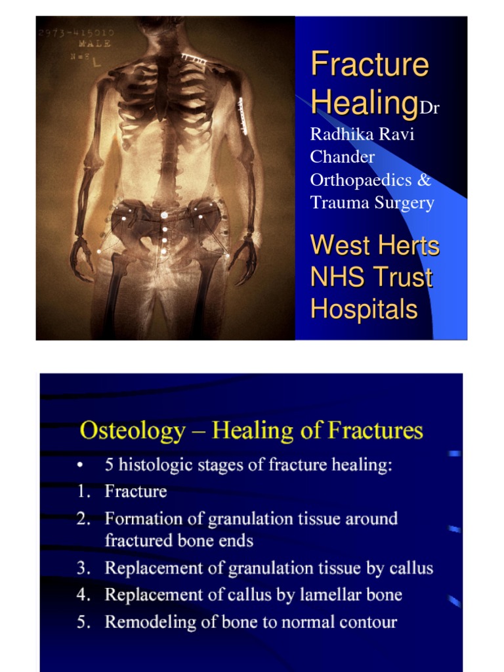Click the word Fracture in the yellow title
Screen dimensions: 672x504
369,64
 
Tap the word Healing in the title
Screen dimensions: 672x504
364,102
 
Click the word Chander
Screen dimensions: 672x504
343,157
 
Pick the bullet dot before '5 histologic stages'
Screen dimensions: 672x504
80,466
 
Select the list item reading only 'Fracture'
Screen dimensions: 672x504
136,491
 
